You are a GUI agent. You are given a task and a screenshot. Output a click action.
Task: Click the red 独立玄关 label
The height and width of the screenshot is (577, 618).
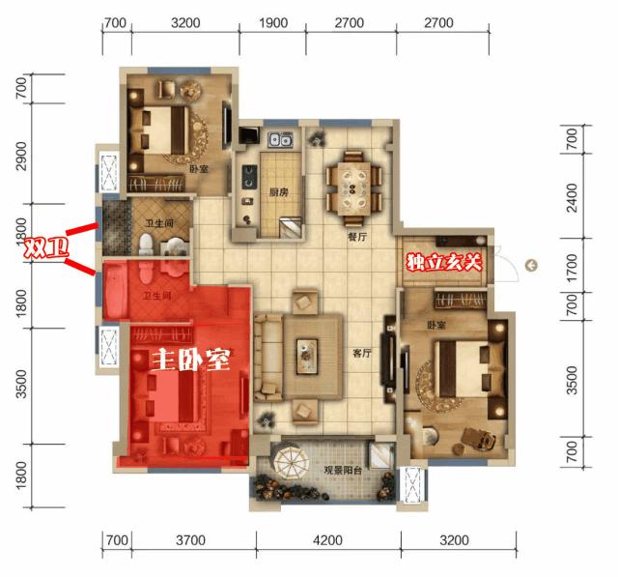(x=444, y=263)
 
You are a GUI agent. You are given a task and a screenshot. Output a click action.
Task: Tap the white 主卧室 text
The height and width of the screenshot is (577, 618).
(x=191, y=360)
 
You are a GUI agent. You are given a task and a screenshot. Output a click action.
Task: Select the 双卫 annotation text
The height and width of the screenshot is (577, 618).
(x=46, y=247)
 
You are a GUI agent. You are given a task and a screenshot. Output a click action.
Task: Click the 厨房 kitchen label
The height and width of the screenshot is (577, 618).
(x=279, y=192)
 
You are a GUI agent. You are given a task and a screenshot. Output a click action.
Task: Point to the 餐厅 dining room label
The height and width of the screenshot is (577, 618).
(x=357, y=237)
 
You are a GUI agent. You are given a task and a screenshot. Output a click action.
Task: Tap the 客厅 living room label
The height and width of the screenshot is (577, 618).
(x=362, y=353)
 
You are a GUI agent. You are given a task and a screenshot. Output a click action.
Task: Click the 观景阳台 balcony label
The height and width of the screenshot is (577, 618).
(x=343, y=470)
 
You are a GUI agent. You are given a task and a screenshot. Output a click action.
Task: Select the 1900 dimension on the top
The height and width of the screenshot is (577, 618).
(x=273, y=23)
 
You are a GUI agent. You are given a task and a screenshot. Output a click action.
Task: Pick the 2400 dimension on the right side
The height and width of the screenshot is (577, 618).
(x=572, y=197)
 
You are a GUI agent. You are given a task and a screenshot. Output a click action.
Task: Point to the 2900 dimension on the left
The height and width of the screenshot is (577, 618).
(x=21, y=156)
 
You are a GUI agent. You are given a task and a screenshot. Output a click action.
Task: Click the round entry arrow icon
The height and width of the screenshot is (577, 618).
(x=531, y=266)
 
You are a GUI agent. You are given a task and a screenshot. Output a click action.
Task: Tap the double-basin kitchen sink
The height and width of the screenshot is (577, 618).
(x=280, y=140)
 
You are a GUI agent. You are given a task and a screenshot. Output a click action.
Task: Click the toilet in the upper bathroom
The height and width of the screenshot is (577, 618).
(x=146, y=245)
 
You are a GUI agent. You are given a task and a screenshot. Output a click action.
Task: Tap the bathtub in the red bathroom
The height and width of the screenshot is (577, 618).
(x=115, y=291)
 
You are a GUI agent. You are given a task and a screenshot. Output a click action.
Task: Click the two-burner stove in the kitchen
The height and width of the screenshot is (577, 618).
(x=249, y=177)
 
